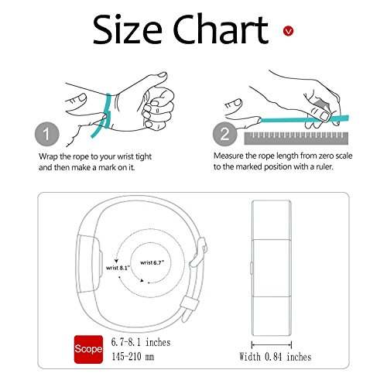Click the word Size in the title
pyautogui.click(x=128, y=29)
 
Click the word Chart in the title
pyautogui.click(x=221, y=29)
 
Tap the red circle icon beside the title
pyautogui.click(x=288, y=31)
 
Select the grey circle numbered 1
pyautogui.click(x=47, y=134)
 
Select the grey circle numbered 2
pyautogui.click(x=225, y=134)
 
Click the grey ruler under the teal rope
pyautogui.click(x=296, y=139)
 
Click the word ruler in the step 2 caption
pyautogui.click(x=324, y=166)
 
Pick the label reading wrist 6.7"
pyautogui.click(x=152, y=262)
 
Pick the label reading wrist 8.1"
pyautogui.click(x=118, y=268)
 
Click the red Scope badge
pyautogui.click(x=88, y=349)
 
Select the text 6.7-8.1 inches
pyautogui.click(x=141, y=342)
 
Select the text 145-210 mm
pyautogui.click(x=133, y=357)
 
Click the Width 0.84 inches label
pyautogui.click(x=276, y=357)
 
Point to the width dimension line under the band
pyautogui.click(x=272, y=344)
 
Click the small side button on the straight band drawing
pyautogui.click(x=252, y=268)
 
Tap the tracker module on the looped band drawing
pyautogui.click(x=89, y=264)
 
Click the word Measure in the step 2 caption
pyautogui.click(x=228, y=156)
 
